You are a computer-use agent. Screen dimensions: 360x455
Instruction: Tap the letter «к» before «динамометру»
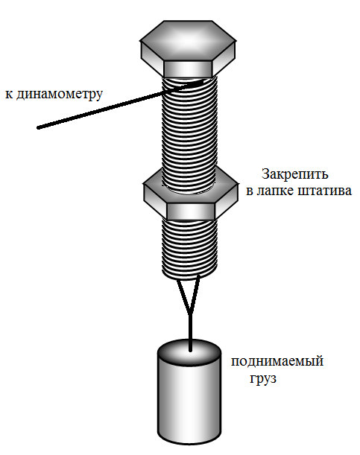pos(9,95)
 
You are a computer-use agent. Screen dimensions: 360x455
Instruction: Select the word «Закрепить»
pos(295,175)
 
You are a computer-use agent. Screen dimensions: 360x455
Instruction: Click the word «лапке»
pos(274,191)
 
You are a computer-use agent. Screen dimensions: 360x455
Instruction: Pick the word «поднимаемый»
pos(277,362)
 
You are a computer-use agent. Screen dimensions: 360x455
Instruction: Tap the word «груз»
pos(263,379)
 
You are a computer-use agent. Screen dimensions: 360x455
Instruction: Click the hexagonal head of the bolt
pos(188,48)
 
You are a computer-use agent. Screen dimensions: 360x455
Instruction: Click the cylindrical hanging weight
pos(189,392)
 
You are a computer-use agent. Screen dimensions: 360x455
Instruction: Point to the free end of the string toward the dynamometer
pos(38,127)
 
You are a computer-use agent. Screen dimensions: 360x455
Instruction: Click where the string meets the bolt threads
pos(200,83)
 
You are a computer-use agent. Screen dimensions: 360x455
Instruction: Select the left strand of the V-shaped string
pos(183,296)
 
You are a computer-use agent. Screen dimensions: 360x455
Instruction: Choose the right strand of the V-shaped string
pos(195,295)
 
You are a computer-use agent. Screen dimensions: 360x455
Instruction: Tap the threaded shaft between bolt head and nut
pos(189,130)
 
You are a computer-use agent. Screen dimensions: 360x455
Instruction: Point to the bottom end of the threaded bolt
pos(189,276)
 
